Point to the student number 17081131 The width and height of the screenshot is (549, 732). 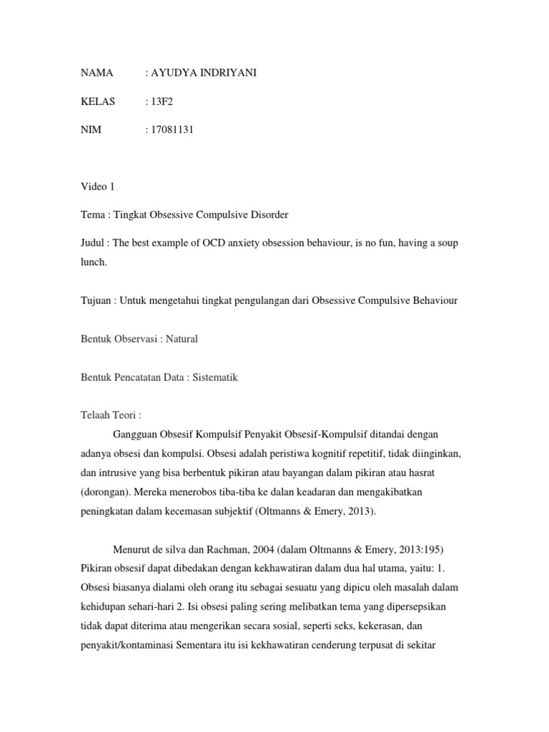[172, 129]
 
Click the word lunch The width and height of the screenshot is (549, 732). [94, 262]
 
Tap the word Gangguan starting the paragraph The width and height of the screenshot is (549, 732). [136, 433]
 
